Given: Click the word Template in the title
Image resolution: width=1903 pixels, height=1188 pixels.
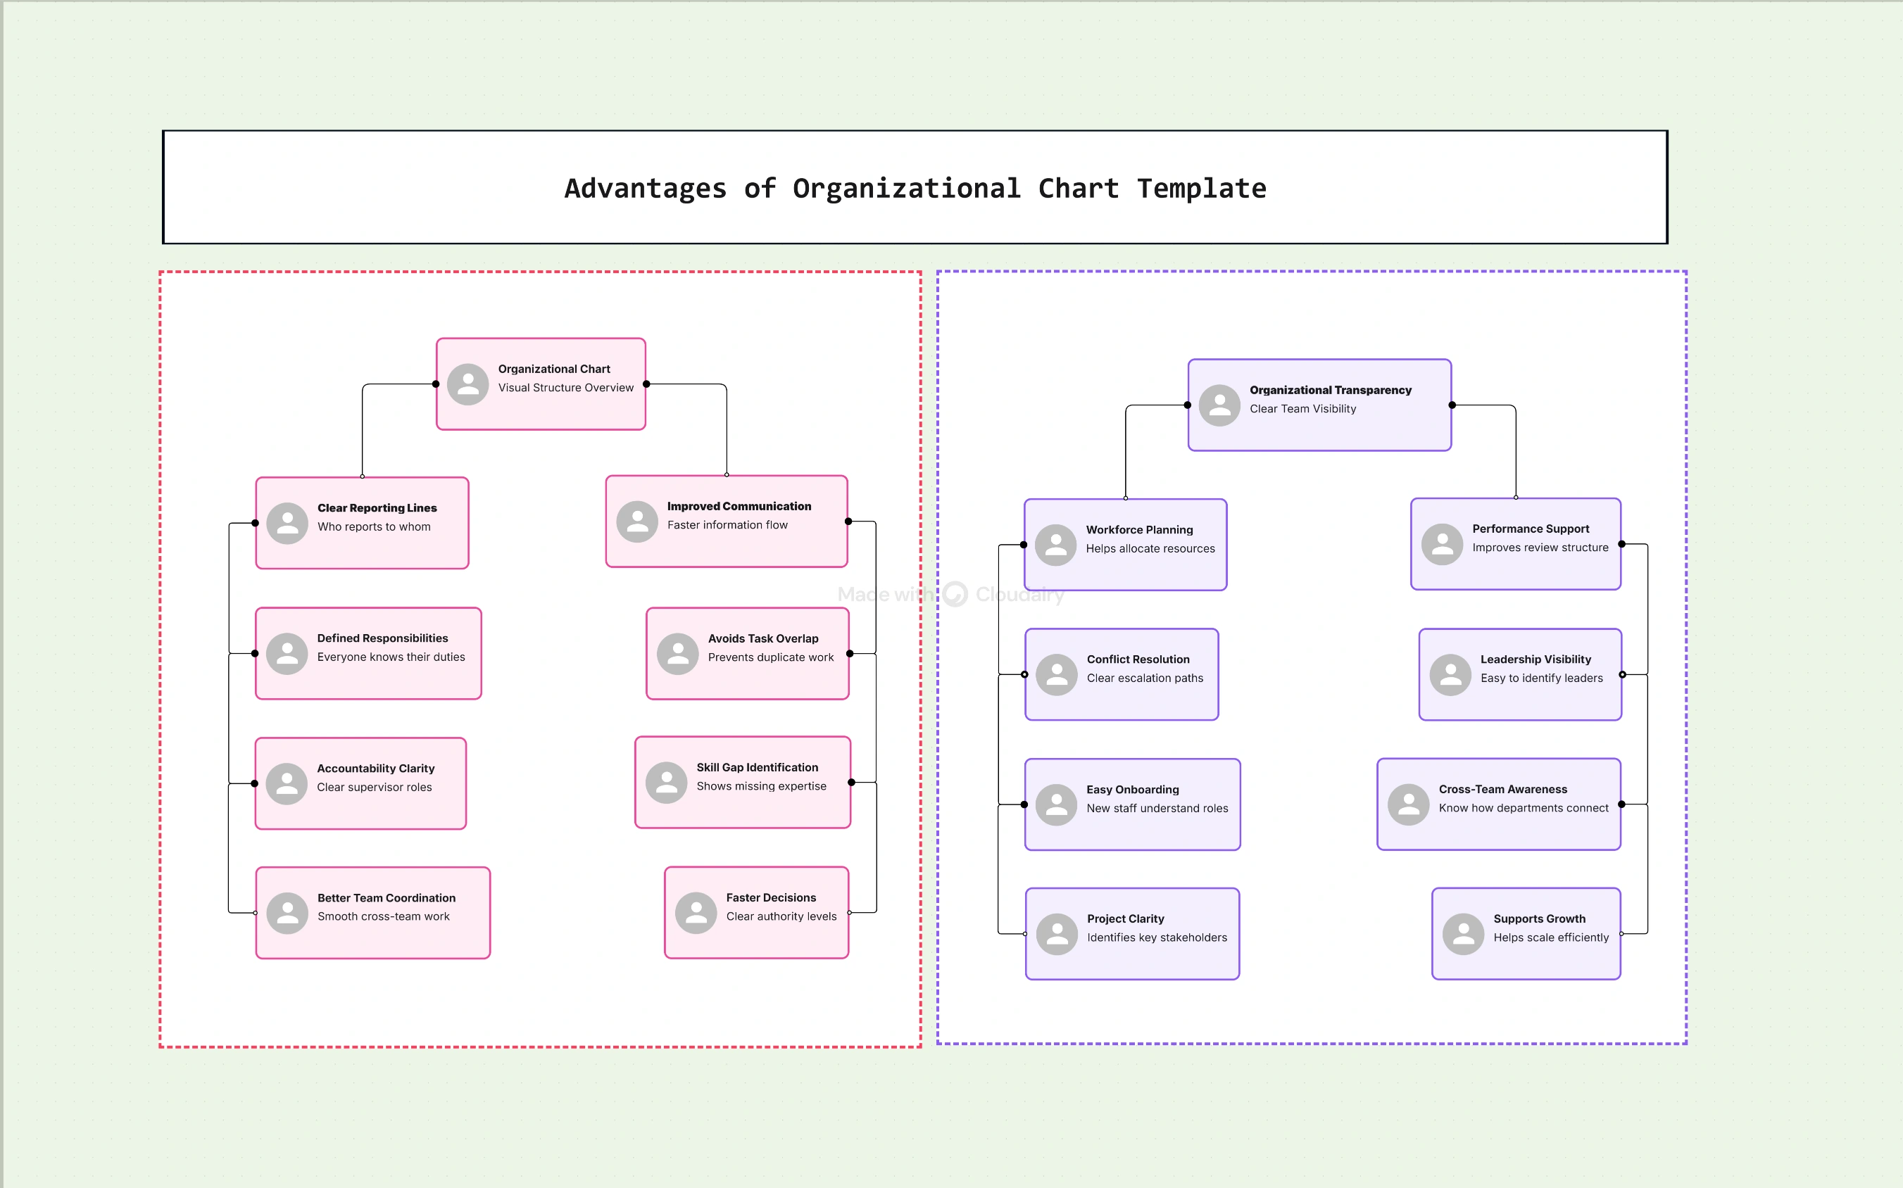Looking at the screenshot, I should [x=1201, y=189].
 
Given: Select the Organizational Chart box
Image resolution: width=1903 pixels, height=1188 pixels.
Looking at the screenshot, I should [x=541, y=384].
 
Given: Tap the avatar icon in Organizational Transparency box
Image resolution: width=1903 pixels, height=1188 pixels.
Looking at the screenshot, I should [x=1219, y=405].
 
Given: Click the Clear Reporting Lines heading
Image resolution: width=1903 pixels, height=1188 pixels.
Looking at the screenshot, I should [x=377, y=508].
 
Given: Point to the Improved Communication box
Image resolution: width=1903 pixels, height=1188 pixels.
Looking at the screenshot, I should [x=727, y=521].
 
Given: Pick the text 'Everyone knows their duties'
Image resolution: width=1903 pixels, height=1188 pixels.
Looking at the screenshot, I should [x=391, y=657].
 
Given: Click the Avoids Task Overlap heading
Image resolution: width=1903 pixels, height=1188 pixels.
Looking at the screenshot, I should [x=762, y=639].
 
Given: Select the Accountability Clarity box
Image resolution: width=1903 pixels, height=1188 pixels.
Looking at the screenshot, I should [x=360, y=783].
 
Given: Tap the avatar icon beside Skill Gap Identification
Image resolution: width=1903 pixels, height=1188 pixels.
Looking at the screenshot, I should [x=667, y=783].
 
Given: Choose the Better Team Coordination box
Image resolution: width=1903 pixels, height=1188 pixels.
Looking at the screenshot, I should [x=372, y=913].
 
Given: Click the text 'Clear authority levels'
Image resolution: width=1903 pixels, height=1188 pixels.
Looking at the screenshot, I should [x=781, y=916].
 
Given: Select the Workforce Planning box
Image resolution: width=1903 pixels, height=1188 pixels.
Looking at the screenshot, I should [x=1125, y=545].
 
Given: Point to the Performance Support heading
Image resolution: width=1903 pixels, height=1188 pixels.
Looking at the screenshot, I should [x=1530, y=529].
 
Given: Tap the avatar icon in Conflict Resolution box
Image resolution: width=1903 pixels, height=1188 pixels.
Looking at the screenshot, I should [x=1057, y=675].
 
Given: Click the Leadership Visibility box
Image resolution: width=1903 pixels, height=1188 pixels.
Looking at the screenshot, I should [x=1519, y=674].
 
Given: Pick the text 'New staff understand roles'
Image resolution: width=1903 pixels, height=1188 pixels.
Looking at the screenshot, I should [x=1156, y=809].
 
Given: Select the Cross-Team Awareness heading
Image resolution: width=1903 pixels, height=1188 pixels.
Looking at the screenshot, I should [x=1502, y=789].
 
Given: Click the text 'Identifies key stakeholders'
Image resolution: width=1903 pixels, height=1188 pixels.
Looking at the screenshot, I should [x=1156, y=937].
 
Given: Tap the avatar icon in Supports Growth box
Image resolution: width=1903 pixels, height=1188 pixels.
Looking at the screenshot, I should [x=1463, y=934].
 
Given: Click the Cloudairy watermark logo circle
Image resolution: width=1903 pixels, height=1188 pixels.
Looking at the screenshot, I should [x=955, y=594].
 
